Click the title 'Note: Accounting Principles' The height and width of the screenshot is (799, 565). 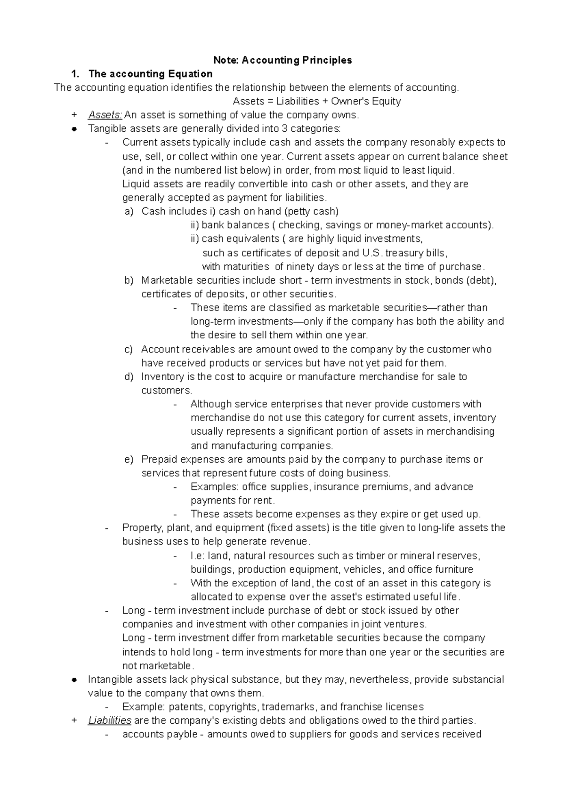(282, 60)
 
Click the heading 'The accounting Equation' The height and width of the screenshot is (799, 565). (150, 74)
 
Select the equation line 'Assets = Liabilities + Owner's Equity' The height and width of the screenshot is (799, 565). (317, 101)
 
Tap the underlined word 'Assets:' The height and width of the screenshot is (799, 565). (105, 115)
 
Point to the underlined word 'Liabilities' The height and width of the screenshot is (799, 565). (109, 720)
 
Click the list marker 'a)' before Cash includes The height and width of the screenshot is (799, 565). (129, 211)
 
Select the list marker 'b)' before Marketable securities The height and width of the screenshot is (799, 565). (129, 280)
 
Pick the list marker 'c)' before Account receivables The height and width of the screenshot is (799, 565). (129, 349)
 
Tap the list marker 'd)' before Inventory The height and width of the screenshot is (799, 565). (129, 377)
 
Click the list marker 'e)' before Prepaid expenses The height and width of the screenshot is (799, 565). (129, 459)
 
